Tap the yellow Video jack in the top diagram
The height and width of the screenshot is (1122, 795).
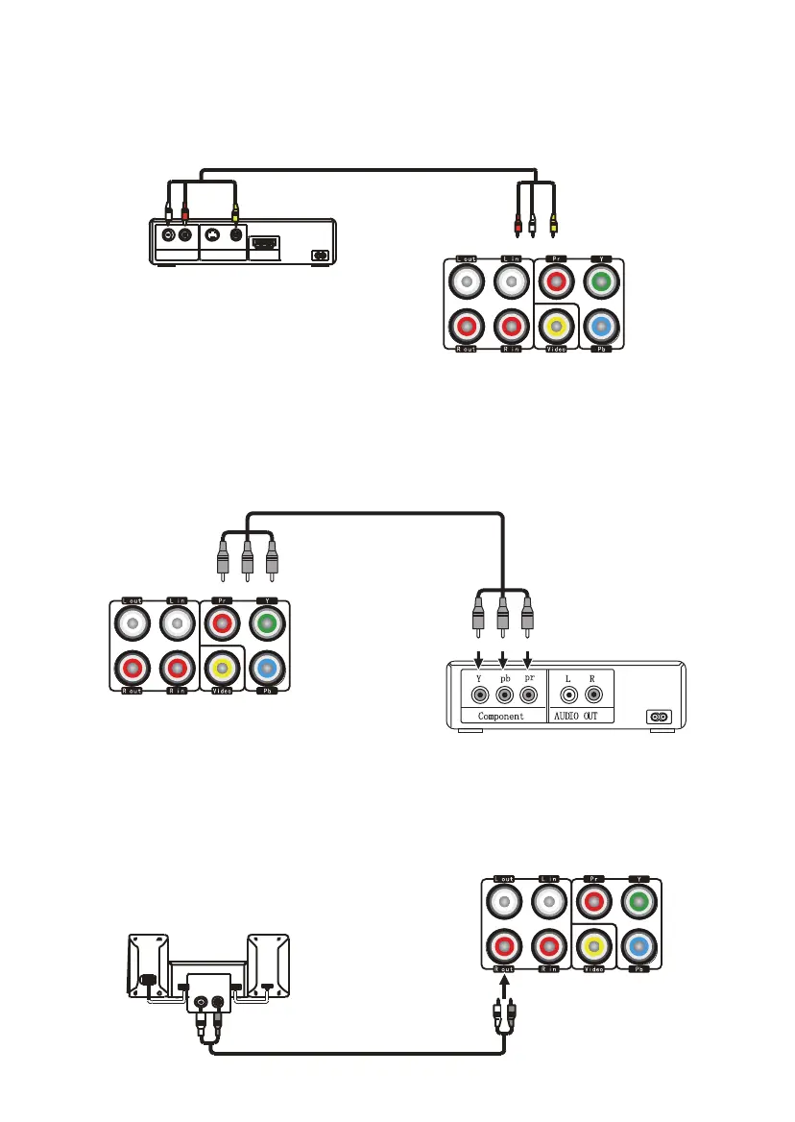coord(556,327)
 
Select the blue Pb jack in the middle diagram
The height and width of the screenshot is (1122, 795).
coord(268,670)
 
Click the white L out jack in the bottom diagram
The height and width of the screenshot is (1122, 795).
coord(504,901)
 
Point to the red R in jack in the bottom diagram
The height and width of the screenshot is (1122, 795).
coord(549,946)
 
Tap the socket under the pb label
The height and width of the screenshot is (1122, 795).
coord(501,693)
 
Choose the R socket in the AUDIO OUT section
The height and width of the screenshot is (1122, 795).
coord(594,693)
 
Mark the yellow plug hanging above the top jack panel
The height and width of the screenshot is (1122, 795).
coord(553,227)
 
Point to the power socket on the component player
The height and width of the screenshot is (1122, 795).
coord(659,716)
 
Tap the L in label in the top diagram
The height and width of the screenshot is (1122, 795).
coord(512,259)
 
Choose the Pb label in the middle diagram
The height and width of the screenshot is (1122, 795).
coord(268,692)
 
